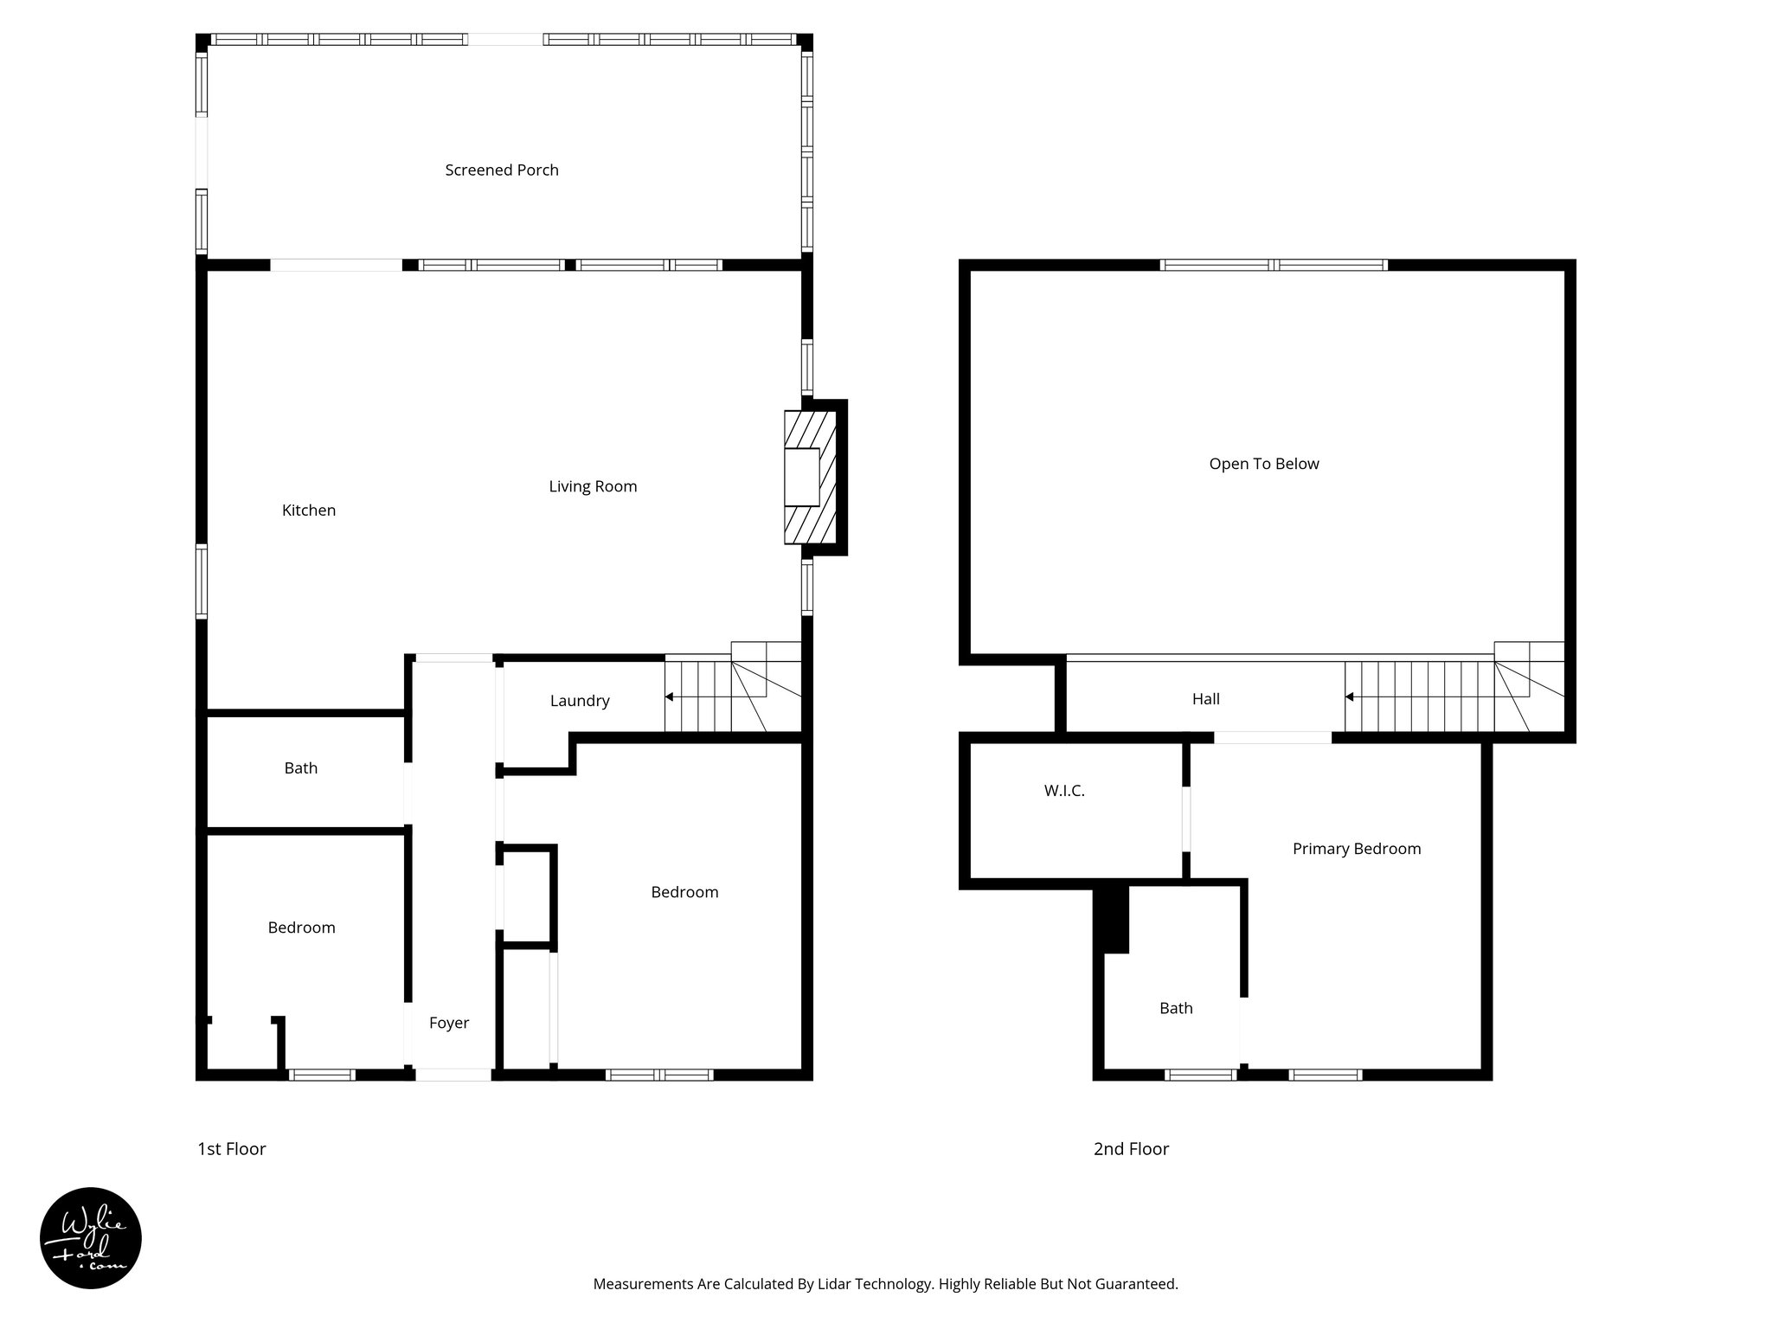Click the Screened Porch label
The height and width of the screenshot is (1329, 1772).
click(x=502, y=170)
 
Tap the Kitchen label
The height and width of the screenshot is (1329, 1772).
click(x=309, y=510)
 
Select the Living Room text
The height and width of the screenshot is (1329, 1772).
click(x=593, y=486)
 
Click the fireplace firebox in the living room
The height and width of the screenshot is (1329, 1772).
click(x=801, y=477)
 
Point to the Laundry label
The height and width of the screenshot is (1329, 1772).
click(x=580, y=701)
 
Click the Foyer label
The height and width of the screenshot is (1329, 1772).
click(x=449, y=1023)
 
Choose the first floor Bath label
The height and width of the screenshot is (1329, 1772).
click(x=301, y=768)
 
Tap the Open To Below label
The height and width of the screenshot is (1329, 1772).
click(x=1264, y=464)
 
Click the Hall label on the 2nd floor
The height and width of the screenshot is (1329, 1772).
click(x=1206, y=699)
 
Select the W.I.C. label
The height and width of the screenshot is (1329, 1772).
click(x=1064, y=791)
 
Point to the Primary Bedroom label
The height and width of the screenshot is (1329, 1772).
click(x=1357, y=849)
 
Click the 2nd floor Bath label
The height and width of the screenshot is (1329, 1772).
click(x=1176, y=1008)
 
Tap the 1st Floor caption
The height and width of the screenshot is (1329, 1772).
click(x=232, y=1149)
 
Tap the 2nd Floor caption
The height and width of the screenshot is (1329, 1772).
click(x=1131, y=1149)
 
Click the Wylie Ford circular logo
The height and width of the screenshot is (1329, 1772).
click(x=91, y=1238)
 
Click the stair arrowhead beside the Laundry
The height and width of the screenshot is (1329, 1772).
click(x=669, y=697)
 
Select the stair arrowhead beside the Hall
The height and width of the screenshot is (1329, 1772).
click(x=1349, y=697)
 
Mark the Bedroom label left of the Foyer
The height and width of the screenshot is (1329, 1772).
click(x=301, y=928)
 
